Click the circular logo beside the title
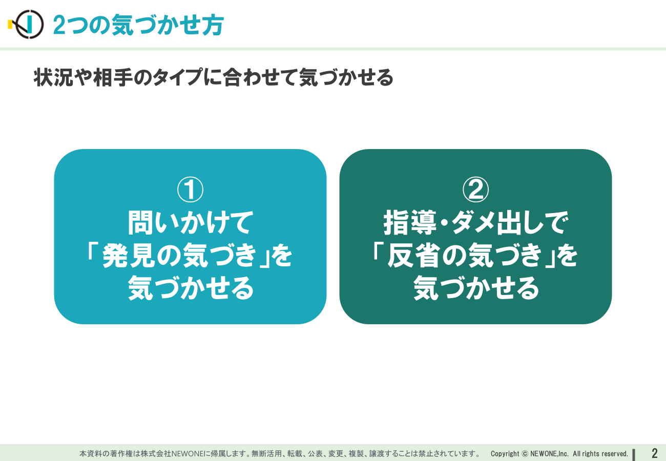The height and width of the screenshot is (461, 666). click(x=26, y=25)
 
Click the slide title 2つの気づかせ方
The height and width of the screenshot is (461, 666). click(x=138, y=25)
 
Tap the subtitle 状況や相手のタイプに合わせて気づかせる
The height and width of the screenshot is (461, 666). click(x=214, y=77)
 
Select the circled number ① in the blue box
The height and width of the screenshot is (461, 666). click(x=190, y=190)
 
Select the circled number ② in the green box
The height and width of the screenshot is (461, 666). click(x=476, y=190)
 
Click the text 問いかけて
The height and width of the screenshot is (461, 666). click(x=191, y=223)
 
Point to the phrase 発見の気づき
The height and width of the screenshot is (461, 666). click(x=179, y=255)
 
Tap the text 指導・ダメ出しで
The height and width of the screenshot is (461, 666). click(x=476, y=223)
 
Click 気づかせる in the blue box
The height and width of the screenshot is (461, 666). click(x=191, y=288)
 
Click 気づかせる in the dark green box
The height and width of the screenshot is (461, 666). click(x=476, y=288)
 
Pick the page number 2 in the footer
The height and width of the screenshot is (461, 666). click(x=654, y=453)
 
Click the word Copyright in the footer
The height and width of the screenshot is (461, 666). click(x=505, y=454)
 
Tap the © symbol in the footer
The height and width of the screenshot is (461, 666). click(x=525, y=454)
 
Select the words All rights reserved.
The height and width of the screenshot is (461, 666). click(x=600, y=454)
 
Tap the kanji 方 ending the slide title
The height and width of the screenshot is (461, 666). click(x=213, y=25)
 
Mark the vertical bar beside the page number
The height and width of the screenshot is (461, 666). click(x=634, y=455)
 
